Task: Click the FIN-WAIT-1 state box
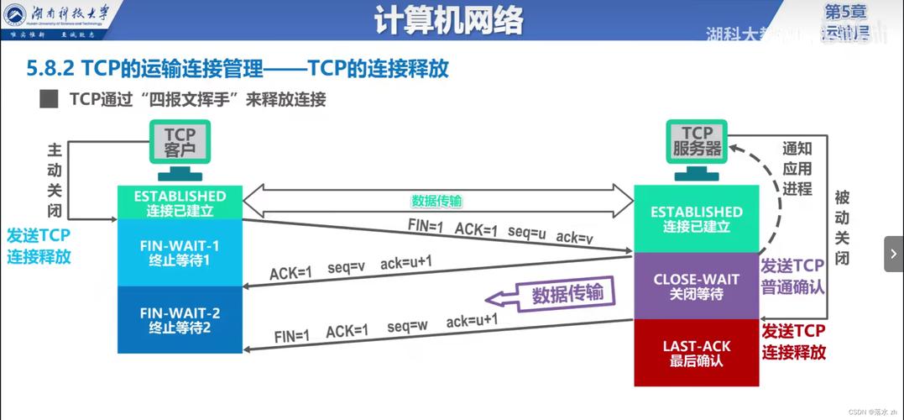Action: [180, 253]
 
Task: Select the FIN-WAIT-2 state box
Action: [180, 320]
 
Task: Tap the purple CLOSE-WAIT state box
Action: [696, 286]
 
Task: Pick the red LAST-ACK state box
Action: [696, 353]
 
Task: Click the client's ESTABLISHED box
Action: [180, 202]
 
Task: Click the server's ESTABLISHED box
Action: [696, 218]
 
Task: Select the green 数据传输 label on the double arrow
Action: [436, 202]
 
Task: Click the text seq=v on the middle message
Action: [347, 267]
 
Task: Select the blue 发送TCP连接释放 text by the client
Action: [39, 246]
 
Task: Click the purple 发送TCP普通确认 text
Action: [792, 276]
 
